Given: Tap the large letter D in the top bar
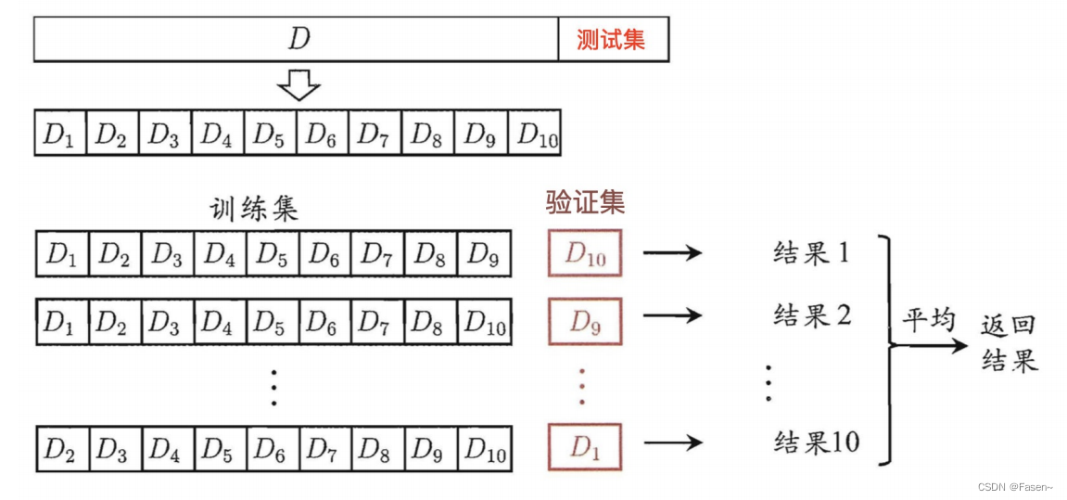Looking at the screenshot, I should [x=298, y=40].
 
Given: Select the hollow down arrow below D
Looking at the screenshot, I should [x=299, y=87].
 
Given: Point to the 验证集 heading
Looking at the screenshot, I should [x=585, y=202].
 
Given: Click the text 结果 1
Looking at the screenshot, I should [x=811, y=252].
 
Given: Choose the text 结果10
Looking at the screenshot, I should [x=816, y=442].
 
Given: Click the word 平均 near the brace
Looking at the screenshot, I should [x=929, y=321].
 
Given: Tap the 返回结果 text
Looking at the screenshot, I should [x=1009, y=342].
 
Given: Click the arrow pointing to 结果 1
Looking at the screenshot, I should [x=672, y=253].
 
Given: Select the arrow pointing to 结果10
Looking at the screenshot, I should [x=672, y=442].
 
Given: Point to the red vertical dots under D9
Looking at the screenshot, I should [x=582, y=385].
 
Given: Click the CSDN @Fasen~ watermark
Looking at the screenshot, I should [x=1014, y=487].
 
